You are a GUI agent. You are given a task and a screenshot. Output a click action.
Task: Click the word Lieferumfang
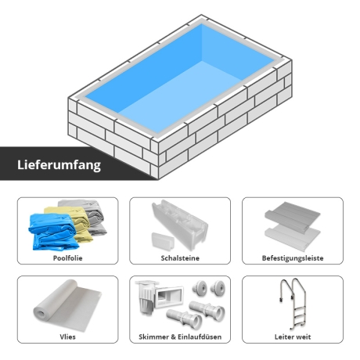(x=59, y=165)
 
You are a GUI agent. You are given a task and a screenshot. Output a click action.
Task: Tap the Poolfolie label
(x=67, y=258)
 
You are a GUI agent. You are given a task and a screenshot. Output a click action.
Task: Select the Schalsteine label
(x=180, y=258)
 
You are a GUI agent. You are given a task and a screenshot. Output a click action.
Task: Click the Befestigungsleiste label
(x=293, y=258)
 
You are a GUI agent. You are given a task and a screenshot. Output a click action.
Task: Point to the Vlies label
(x=67, y=337)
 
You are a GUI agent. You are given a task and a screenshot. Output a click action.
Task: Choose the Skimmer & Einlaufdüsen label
(x=180, y=337)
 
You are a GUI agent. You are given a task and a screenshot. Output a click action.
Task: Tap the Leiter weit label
(x=293, y=337)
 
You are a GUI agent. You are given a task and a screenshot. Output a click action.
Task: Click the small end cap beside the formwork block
(x=163, y=241)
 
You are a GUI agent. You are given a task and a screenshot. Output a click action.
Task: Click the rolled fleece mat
(x=68, y=305)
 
